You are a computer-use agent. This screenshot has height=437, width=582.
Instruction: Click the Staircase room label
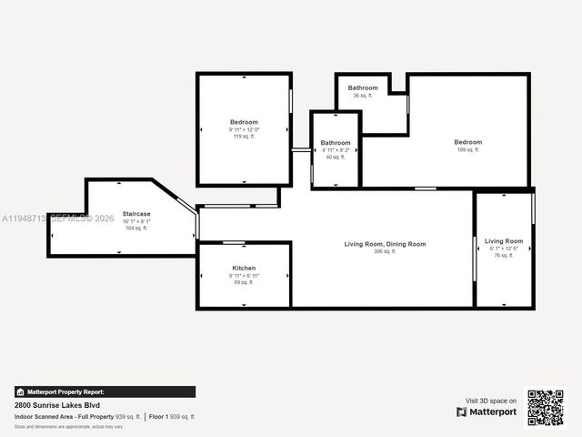click(136, 213)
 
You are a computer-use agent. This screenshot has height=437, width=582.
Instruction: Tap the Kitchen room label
click(244, 268)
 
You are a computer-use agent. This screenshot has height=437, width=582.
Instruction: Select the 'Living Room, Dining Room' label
click(385, 244)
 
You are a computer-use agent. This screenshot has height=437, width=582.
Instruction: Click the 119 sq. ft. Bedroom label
click(244, 122)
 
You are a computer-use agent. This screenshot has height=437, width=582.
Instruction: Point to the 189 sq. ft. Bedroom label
click(468, 142)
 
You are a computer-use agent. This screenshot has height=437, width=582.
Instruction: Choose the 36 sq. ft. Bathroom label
click(363, 87)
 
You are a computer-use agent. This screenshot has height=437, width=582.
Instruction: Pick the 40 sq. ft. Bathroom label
click(336, 143)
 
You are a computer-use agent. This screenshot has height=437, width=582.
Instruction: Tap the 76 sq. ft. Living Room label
click(504, 241)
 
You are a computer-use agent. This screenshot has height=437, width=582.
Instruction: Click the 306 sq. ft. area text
click(385, 251)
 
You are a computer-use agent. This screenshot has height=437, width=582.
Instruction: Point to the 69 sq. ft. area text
click(244, 282)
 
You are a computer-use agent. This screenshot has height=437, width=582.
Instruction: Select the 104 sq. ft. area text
click(136, 228)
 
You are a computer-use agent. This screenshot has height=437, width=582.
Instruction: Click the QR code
click(546, 407)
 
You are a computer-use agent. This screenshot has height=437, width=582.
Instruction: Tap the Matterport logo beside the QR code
click(487, 412)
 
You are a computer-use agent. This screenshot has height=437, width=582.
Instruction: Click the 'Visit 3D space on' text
click(491, 401)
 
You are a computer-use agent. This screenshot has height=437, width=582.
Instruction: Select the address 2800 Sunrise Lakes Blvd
click(56, 405)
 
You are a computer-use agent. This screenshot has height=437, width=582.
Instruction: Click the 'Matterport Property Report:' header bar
click(104, 392)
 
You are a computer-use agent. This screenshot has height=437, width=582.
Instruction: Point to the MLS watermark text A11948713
click(23, 218)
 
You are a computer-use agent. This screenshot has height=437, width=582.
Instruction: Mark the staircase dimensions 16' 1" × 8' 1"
click(136, 220)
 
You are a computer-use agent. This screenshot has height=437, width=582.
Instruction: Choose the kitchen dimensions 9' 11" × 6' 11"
click(244, 275)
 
